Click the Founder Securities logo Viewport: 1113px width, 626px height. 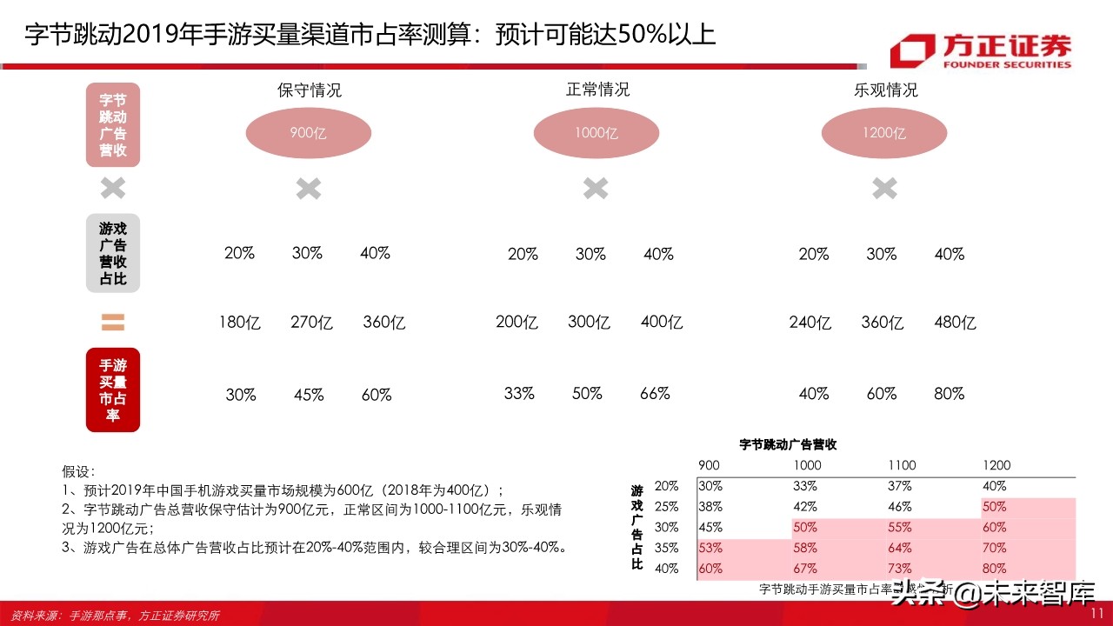click(x=981, y=51)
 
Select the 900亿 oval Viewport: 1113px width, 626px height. click(x=309, y=133)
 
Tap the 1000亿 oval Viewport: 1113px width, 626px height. click(x=596, y=133)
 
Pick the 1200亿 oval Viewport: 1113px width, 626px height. click(x=884, y=133)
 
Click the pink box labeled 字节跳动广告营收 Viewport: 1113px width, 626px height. click(x=113, y=124)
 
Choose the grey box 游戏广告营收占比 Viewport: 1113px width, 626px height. click(x=113, y=253)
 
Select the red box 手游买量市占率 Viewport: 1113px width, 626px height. click(x=113, y=390)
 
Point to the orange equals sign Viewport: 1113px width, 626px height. click(x=113, y=323)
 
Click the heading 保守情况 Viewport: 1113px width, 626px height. click(x=309, y=90)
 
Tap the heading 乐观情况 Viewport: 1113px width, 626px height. click(x=885, y=90)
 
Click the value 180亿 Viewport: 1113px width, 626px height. click(x=240, y=323)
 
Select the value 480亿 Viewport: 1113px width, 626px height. click(x=955, y=323)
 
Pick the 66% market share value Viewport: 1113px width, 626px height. click(x=655, y=393)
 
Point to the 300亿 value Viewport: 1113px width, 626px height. click(x=589, y=323)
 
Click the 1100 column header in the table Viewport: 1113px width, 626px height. click(x=901, y=465)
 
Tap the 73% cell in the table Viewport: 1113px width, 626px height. click(x=900, y=569)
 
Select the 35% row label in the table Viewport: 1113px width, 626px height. click(x=667, y=548)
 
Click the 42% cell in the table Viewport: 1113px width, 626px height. click(x=805, y=507)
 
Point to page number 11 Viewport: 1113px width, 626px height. click(x=1096, y=614)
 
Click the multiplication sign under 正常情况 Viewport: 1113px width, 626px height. click(x=596, y=188)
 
